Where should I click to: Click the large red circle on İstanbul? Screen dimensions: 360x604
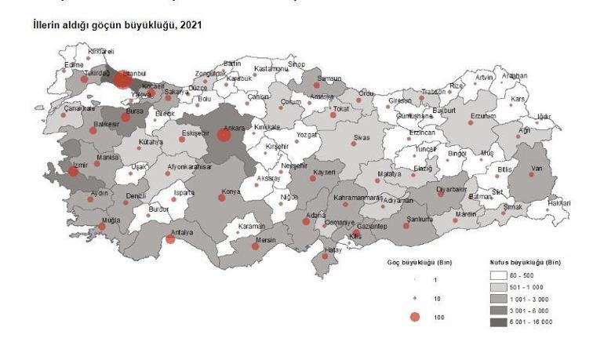[122, 79]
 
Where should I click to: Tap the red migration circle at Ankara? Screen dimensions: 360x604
[224, 135]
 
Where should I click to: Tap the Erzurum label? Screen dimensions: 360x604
[483, 116]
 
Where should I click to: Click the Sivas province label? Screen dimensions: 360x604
[361, 137]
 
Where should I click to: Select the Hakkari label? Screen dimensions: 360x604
[559, 203]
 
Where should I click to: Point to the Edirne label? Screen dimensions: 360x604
[75, 64]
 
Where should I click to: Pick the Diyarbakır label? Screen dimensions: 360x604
[452, 189]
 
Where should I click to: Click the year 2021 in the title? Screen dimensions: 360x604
[191, 25]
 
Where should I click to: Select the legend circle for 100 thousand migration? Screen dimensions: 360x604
[415, 316]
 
